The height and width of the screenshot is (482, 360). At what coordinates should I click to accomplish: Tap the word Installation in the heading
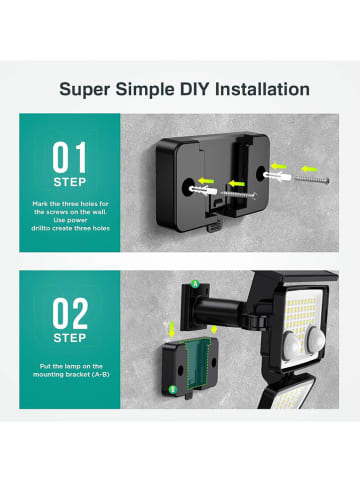tap(262, 89)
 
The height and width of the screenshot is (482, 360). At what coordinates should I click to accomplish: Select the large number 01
tap(69, 157)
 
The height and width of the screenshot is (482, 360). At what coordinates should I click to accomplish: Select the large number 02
tap(70, 313)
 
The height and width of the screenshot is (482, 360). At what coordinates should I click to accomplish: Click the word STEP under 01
tap(70, 182)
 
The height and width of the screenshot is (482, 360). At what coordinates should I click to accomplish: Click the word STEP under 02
tap(70, 338)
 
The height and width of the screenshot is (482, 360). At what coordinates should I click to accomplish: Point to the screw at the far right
tap(312, 180)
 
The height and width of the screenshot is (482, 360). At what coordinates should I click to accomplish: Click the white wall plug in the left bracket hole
tap(203, 191)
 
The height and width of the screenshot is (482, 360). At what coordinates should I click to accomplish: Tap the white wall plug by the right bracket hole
tap(277, 176)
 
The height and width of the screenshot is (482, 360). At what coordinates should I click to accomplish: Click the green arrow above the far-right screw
tap(309, 169)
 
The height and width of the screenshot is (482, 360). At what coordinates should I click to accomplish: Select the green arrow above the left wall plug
tap(206, 181)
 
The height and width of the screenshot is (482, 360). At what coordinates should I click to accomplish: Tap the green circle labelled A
tap(194, 284)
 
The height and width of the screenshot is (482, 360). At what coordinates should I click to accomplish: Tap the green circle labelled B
tap(172, 389)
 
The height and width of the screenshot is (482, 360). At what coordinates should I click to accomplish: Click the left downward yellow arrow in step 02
tap(172, 329)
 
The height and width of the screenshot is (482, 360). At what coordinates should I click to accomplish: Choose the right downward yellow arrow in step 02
tap(214, 329)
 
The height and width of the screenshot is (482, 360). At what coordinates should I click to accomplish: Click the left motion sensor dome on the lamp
tap(293, 344)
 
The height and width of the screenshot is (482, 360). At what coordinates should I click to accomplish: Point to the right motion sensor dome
tap(316, 337)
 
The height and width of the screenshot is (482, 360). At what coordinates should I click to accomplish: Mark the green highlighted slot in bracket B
tap(198, 364)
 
